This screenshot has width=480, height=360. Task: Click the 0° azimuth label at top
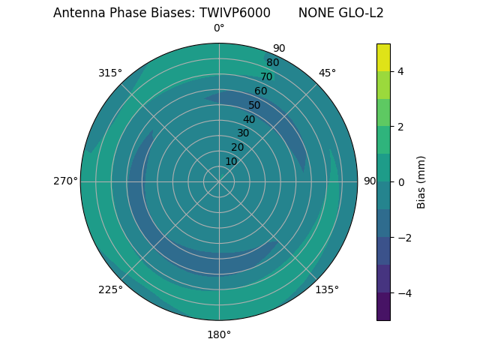click(219, 28)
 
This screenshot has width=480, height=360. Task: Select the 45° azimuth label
click(327, 73)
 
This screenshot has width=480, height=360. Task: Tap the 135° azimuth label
click(327, 289)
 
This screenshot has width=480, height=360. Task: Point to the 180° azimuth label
click(219, 334)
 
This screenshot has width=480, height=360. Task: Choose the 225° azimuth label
click(110, 289)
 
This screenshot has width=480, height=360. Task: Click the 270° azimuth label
click(65, 181)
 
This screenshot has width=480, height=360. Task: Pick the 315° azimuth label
click(110, 73)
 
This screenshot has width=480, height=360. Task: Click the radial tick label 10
click(231, 161)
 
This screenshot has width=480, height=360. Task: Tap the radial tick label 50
click(255, 105)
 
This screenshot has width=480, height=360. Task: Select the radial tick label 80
click(272, 62)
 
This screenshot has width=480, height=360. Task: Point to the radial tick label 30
click(243, 133)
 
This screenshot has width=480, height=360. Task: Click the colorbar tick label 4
click(400, 71)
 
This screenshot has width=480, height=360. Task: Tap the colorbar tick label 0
click(400, 182)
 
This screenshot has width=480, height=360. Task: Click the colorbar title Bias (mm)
click(421, 182)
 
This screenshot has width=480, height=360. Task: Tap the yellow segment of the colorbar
click(383, 57)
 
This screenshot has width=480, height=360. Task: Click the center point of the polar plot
click(219, 181)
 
